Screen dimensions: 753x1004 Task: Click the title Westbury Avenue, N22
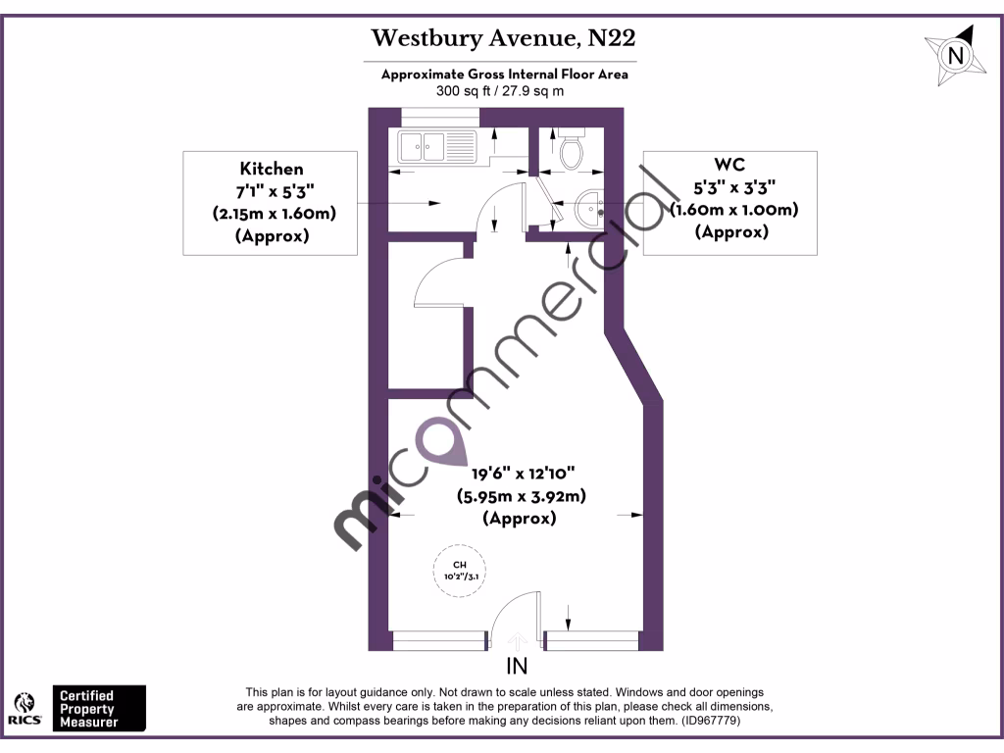click(x=503, y=39)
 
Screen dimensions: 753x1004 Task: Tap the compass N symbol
click(x=954, y=55)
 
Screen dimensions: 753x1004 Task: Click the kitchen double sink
click(x=435, y=148)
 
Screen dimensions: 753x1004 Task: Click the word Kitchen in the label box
click(x=272, y=169)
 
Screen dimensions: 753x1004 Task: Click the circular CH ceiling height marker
click(x=459, y=570)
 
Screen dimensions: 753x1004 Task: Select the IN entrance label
click(x=517, y=668)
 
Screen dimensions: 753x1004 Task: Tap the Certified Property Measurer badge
click(x=98, y=708)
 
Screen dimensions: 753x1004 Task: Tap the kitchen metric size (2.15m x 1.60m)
click(x=272, y=214)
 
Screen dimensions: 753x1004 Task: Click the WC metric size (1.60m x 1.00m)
click(x=731, y=210)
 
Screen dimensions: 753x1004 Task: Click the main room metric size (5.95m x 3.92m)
click(x=521, y=496)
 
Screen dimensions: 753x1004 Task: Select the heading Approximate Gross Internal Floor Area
click(x=504, y=75)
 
